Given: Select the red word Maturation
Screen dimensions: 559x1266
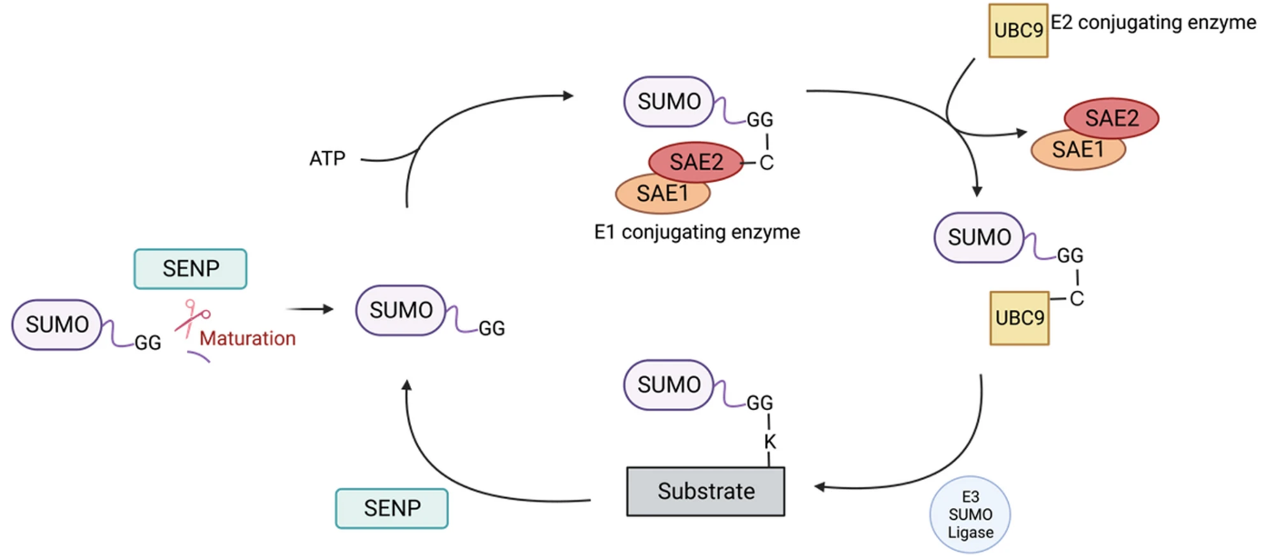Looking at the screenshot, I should click(x=247, y=339).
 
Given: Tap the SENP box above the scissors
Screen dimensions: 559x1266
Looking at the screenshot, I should click(x=190, y=269).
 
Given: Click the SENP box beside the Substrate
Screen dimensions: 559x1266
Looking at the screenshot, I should click(x=392, y=508).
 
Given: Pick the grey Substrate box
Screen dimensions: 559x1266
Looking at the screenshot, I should click(x=705, y=492).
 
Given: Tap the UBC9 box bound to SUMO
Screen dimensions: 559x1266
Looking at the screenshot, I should click(x=1018, y=319).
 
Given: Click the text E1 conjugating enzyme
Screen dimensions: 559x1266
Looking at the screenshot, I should click(x=696, y=232).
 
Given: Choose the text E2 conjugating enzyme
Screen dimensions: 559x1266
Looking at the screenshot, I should click(x=1152, y=22).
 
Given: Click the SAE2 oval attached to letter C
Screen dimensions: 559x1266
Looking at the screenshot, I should click(x=695, y=164).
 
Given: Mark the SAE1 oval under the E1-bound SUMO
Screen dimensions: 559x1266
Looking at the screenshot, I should click(x=663, y=193).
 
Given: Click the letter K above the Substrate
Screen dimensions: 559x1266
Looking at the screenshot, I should click(x=771, y=442).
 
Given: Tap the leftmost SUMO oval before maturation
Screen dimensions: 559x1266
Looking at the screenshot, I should click(x=57, y=324).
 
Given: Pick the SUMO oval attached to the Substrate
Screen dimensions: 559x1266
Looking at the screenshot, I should click(x=669, y=384).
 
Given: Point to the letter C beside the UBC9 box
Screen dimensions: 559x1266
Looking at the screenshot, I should click(x=1076, y=298).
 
